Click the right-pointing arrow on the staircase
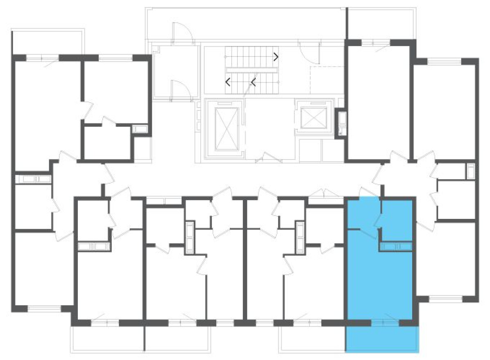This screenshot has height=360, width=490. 276,57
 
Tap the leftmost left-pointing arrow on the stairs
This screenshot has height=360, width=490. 228,82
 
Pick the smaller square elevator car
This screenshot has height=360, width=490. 312,117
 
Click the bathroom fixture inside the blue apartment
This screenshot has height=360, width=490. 395,246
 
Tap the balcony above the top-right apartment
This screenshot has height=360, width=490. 381,23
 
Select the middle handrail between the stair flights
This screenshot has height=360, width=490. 252,70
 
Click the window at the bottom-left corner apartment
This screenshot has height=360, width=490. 44,308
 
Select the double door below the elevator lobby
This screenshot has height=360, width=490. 269,159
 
